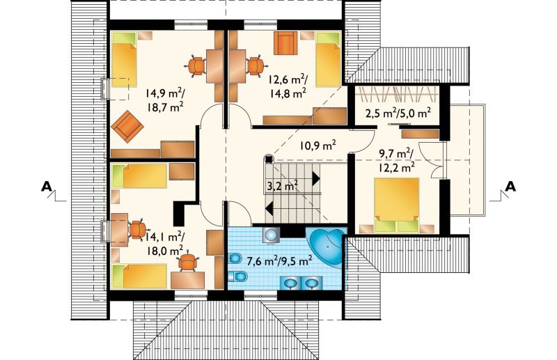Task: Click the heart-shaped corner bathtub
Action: (327, 247)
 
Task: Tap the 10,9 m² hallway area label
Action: (317, 146)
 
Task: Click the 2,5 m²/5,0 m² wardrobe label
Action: (398, 113)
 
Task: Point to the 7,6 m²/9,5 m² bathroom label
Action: (280, 261)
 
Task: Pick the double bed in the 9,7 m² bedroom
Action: (397, 205)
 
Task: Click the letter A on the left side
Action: (46, 186)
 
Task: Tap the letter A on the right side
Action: (510, 186)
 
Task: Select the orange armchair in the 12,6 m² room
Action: (285, 43)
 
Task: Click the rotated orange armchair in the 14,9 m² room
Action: (127, 126)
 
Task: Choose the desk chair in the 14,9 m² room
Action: (196, 65)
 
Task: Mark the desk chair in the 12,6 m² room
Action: (256, 65)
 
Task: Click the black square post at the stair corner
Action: (269, 159)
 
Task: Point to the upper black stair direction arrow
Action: (316, 178)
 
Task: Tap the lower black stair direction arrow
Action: (269, 208)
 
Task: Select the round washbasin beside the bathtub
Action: (272, 235)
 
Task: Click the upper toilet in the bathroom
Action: (235, 258)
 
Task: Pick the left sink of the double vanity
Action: (291, 283)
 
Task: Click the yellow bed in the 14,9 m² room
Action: (125, 60)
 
